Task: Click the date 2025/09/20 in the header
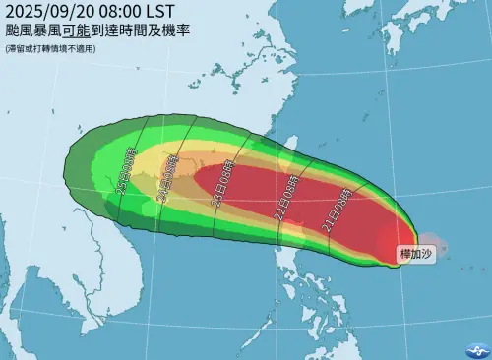[55, 12]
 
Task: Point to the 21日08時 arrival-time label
[335, 210]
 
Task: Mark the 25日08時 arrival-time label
[122, 176]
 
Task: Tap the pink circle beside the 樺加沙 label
[431, 239]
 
